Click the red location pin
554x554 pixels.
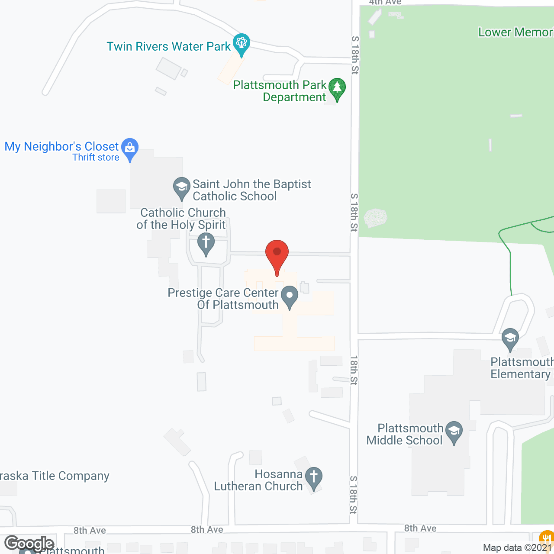[x=277, y=253]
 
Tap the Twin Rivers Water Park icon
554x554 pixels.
[x=242, y=43]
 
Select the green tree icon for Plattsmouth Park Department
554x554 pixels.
[x=337, y=88]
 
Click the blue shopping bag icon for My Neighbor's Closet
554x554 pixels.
[x=130, y=148]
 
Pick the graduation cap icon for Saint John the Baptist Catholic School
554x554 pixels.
[x=182, y=187]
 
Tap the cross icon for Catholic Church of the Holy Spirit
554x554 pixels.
[x=206, y=243]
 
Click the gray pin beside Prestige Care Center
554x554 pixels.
[x=290, y=296]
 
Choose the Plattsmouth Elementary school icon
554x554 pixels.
[x=510, y=338]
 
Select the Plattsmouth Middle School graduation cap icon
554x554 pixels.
[x=454, y=432]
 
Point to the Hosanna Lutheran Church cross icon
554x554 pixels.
[x=314, y=477]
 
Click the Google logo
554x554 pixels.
[x=29, y=543]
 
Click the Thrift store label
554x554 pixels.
[x=96, y=158]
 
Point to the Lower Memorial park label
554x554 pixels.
[x=515, y=32]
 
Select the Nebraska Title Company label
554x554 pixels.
[x=55, y=476]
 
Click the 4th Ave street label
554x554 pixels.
[x=385, y=3]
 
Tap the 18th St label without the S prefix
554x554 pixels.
[x=354, y=370]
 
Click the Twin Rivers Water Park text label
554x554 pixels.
[x=169, y=47]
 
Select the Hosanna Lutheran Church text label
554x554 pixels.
[x=258, y=480]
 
